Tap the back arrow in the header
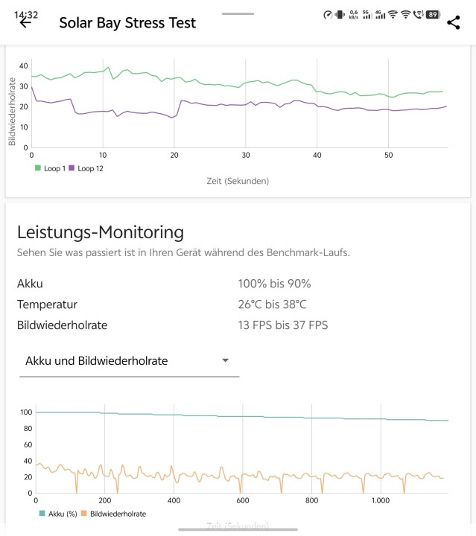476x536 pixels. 25,22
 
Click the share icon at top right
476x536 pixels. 454,22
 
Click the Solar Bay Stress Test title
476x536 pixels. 127,22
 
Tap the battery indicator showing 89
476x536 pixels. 431,14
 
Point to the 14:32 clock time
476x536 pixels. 25,14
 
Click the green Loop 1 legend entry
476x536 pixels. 48,168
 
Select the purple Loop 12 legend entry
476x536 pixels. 86,168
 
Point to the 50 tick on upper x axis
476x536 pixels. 389,155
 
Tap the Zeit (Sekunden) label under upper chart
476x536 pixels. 238,181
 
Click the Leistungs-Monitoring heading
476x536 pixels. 100,232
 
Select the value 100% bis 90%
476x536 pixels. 273,284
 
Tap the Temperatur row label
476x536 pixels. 47,304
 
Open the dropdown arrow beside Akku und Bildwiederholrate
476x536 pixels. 225,361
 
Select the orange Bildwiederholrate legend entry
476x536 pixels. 112,514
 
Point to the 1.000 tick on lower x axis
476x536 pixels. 381,500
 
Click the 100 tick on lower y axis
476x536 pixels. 26,412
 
